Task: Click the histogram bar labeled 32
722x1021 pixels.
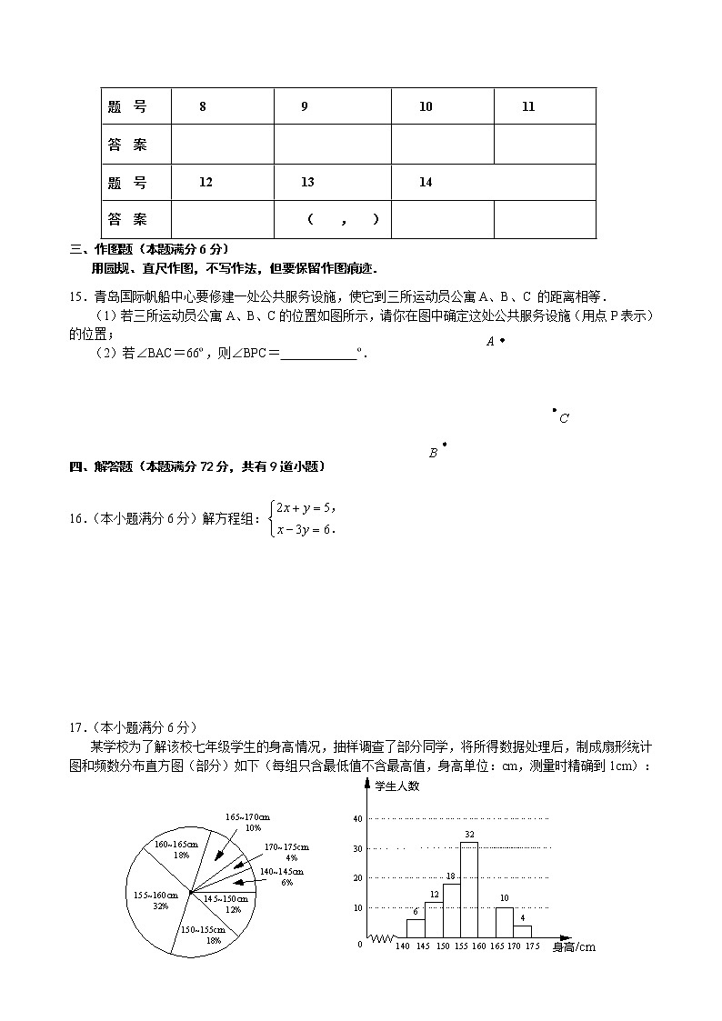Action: pos(469,889)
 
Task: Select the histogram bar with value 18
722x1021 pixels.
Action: pos(451,910)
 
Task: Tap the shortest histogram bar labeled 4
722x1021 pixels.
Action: pos(523,931)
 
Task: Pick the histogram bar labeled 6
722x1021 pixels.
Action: pos(416,928)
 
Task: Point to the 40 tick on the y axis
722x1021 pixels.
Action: pos(357,819)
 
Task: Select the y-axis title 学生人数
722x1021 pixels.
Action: pos(397,786)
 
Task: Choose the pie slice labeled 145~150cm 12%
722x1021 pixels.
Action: pos(221,904)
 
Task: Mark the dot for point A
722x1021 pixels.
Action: pos(502,340)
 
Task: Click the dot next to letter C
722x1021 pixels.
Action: pos(555,410)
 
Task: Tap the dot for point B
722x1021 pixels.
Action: pos(444,445)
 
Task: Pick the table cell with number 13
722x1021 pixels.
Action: pos(307,182)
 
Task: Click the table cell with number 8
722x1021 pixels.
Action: pos(203,106)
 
